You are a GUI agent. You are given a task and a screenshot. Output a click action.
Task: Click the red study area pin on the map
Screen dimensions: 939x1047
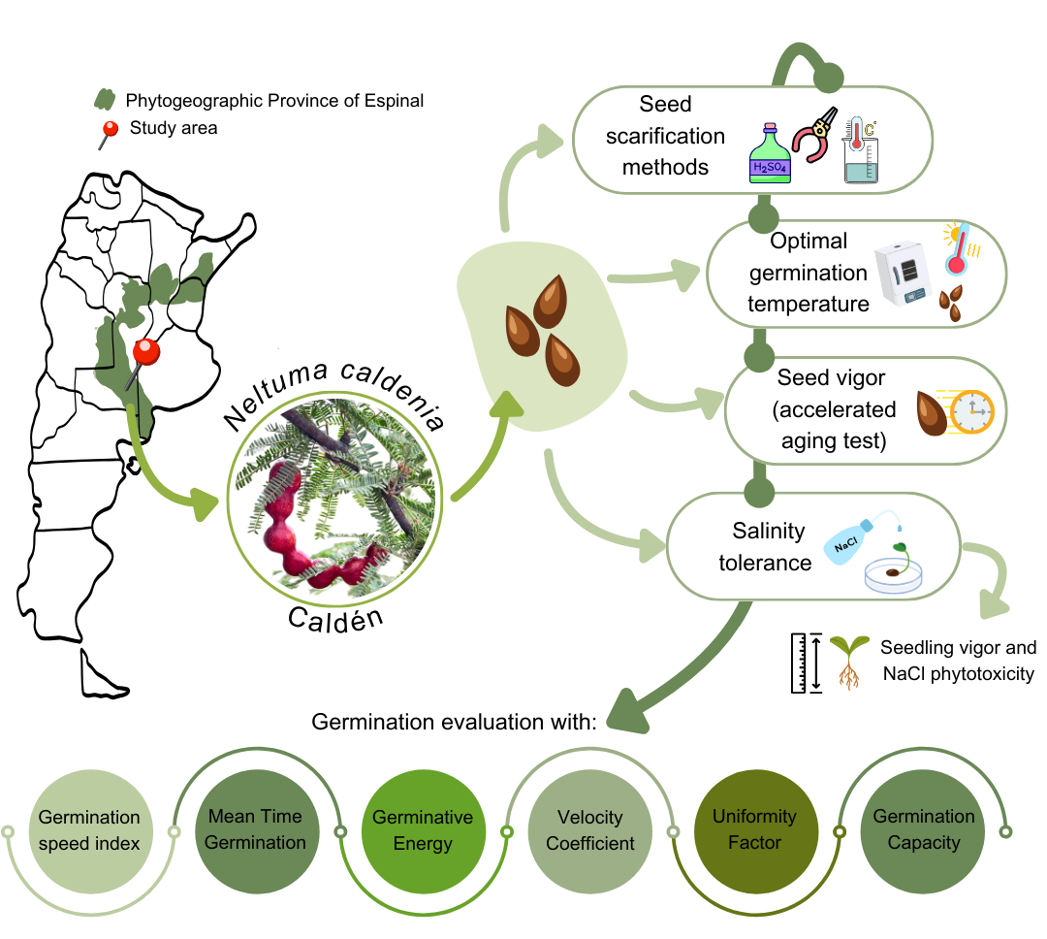pos(145,350)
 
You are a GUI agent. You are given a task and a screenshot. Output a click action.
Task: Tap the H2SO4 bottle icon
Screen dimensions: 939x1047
pos(771,154)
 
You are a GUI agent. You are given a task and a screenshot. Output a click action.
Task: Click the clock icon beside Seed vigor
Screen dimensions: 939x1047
pos(970,411)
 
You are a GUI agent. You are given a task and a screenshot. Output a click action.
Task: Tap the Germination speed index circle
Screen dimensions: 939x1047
pos(90,830)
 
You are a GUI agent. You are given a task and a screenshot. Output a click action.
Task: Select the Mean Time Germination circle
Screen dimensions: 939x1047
pos(255,830)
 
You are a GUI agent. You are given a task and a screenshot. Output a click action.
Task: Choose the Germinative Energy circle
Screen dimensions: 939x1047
pos(423,830)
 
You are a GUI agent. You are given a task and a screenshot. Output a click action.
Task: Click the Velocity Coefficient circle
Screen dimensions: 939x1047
pos(589,830)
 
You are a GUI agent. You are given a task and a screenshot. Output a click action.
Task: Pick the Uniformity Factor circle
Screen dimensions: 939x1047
pos(754,830)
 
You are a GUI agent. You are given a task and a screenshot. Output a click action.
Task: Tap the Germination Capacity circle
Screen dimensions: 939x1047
pos(923,830)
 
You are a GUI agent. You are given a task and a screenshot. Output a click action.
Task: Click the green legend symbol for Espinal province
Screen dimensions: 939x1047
pos(105,100)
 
